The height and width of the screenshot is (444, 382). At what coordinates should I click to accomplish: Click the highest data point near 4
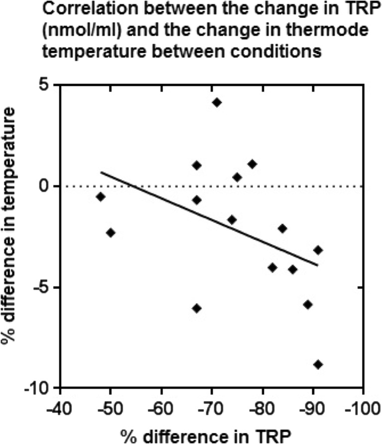click(x=217, y=102)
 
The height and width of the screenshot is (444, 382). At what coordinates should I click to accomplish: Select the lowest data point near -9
click(x=318, y=364)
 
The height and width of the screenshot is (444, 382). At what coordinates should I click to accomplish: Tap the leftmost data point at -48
click(x=101, y=197)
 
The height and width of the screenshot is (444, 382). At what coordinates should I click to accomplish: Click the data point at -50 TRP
click(x=111, y=233)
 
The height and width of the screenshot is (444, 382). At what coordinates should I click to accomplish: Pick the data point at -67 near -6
click(x=197, y=308)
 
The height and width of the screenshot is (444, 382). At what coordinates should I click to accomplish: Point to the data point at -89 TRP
click(x=308, y=304)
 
